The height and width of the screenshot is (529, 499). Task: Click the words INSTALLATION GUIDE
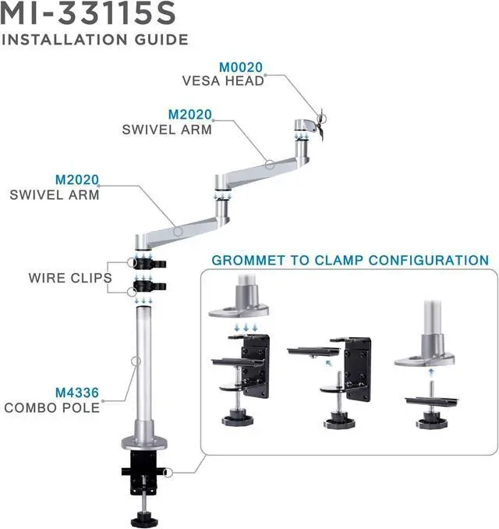[x=95, y=39]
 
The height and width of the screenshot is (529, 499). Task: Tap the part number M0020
[x=241, y=67]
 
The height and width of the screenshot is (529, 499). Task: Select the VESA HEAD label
[x=223, y=80]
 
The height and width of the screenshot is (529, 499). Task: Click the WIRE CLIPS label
[x=70, y=278]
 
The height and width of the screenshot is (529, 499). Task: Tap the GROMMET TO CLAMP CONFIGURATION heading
[x=350, y=261]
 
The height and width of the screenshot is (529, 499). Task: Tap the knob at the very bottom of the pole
[x=145, y=516]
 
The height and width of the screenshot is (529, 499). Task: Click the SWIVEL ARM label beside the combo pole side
[x=55, y=194]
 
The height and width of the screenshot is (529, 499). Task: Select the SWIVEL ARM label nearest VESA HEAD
[x=167, y=130]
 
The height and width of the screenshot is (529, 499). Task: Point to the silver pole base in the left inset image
[x=238, y=305]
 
